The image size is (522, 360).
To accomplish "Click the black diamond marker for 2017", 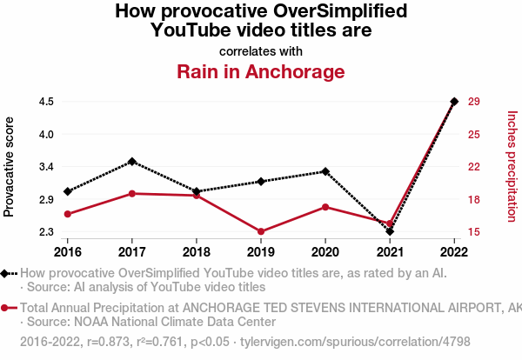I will click(131, 162).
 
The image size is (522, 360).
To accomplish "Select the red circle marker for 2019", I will click(261, 231).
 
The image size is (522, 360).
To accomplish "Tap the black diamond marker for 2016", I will click(67, 191).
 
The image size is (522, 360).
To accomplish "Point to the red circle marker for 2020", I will click(325, 207).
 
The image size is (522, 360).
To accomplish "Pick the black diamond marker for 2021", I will click(390, 231).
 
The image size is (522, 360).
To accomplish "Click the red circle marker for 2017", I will click(131, 193).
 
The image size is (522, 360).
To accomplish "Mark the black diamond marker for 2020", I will click(325, 171).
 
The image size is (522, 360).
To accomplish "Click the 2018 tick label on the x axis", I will click(196, 251).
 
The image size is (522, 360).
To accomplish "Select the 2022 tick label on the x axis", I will click(454, 251).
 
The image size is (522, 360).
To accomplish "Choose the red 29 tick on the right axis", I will click(474, 102).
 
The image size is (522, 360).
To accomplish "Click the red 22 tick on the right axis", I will click(474, 167).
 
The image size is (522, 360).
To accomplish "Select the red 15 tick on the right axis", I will click(474, 232).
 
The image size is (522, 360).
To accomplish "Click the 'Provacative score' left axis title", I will click(10, 166).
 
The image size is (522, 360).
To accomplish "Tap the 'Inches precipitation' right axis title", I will click(512, 166).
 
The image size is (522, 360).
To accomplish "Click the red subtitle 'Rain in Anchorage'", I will click(261, 71).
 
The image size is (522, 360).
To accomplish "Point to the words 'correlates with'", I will click(261, 50).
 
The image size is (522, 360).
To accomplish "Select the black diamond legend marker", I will click(6, 273).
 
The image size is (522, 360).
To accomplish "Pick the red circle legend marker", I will click(6, 308).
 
